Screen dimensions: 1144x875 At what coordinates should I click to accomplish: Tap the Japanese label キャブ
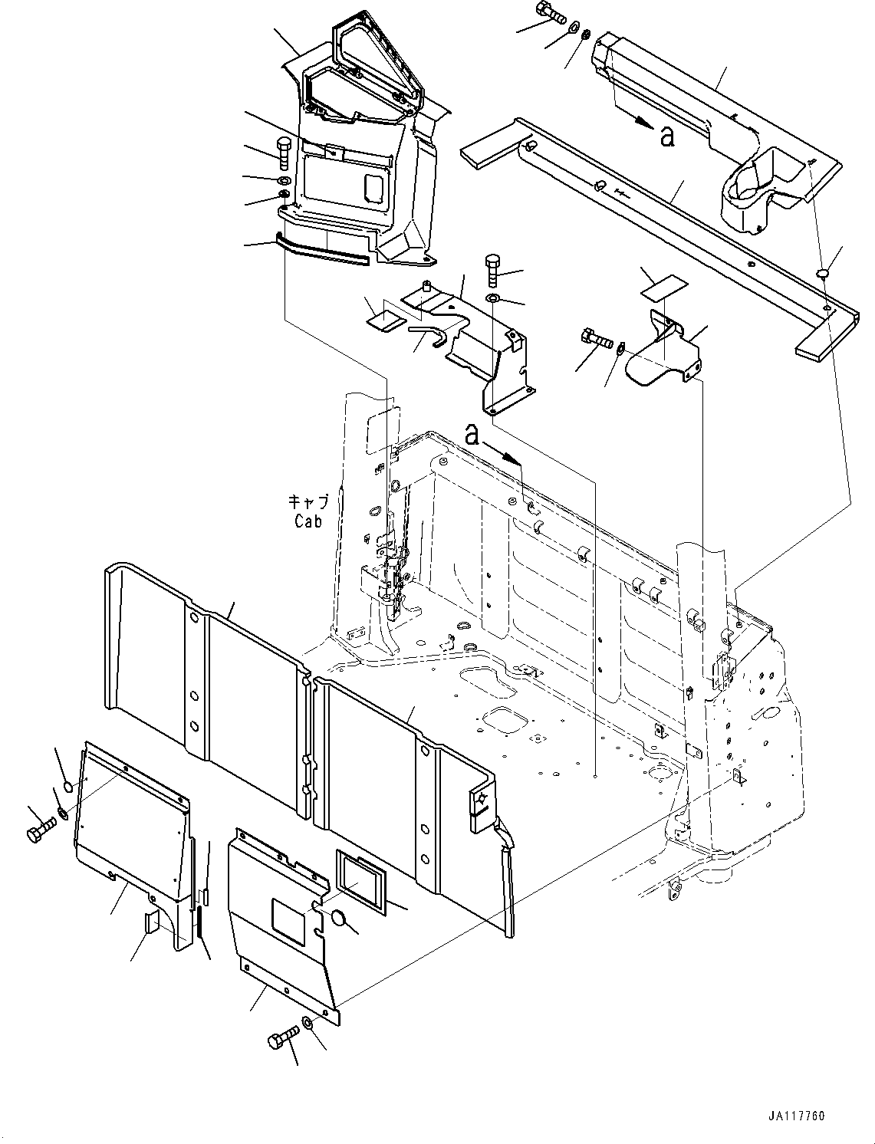coord(308,502)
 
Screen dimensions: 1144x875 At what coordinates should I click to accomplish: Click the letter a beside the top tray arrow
coord(667,136)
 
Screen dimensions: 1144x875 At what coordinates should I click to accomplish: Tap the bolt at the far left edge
coord(41,831)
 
